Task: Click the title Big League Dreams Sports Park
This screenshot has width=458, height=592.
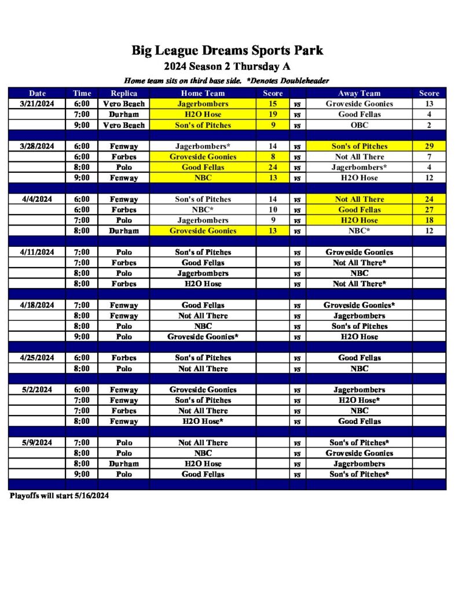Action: (227, 50)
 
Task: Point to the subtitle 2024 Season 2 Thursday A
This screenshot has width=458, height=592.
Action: (227, 66)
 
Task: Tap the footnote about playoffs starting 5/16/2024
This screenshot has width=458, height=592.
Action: (59, 495)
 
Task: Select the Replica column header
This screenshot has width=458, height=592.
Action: (124, 93)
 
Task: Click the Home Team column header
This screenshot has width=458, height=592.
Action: (203, 93)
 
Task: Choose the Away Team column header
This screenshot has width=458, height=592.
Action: (359, 93)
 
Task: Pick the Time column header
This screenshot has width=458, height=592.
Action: (82, 93)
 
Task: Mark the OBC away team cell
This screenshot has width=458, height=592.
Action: (359, 125)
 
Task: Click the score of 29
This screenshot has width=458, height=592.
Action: (429, 146)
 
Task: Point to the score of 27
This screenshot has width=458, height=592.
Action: (429, 210)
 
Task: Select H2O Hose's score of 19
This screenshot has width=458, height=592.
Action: (273, 114)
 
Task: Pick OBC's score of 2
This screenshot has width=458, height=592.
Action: (429, 125)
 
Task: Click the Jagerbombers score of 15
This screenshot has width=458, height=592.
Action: (273, 104)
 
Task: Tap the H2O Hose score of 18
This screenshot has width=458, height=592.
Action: (429, 220)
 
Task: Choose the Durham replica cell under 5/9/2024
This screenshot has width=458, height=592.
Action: (124, 464)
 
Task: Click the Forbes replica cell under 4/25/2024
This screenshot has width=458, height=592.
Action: (124, 358)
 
